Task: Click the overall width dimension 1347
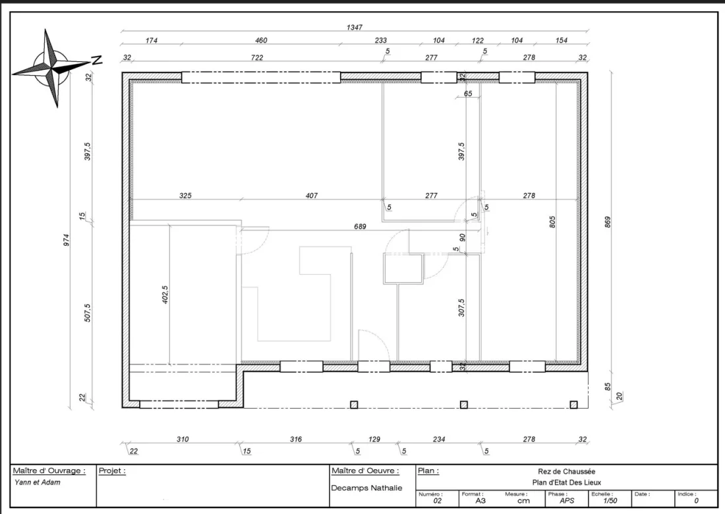(354, 27)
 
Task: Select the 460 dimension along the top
(261, 40)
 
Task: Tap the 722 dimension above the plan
(257, 57)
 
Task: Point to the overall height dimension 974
(67, 240)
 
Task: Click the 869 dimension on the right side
(608, 222)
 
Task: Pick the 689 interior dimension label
(360, 227)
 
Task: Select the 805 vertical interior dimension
(552, 222)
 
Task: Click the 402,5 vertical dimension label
(165, 295)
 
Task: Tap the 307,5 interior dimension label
(461, 307)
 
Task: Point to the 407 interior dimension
(312, 196)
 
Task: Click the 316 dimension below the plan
(296, 439)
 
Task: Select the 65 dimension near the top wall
(468, 94)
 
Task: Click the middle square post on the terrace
(464, 405)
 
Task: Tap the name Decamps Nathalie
(366, 488)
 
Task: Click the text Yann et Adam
(38, 482)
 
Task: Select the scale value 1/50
(610, 501)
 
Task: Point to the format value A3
(481, 501)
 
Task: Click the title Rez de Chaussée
(566, 471)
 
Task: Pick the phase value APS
(567, 501)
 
